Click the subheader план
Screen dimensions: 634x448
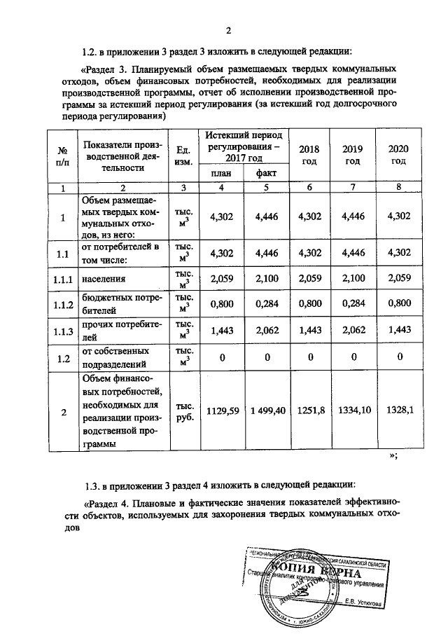coord(220,174)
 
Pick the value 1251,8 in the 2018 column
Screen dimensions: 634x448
coord(309,411)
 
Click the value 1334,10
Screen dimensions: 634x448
coord(353,411)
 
